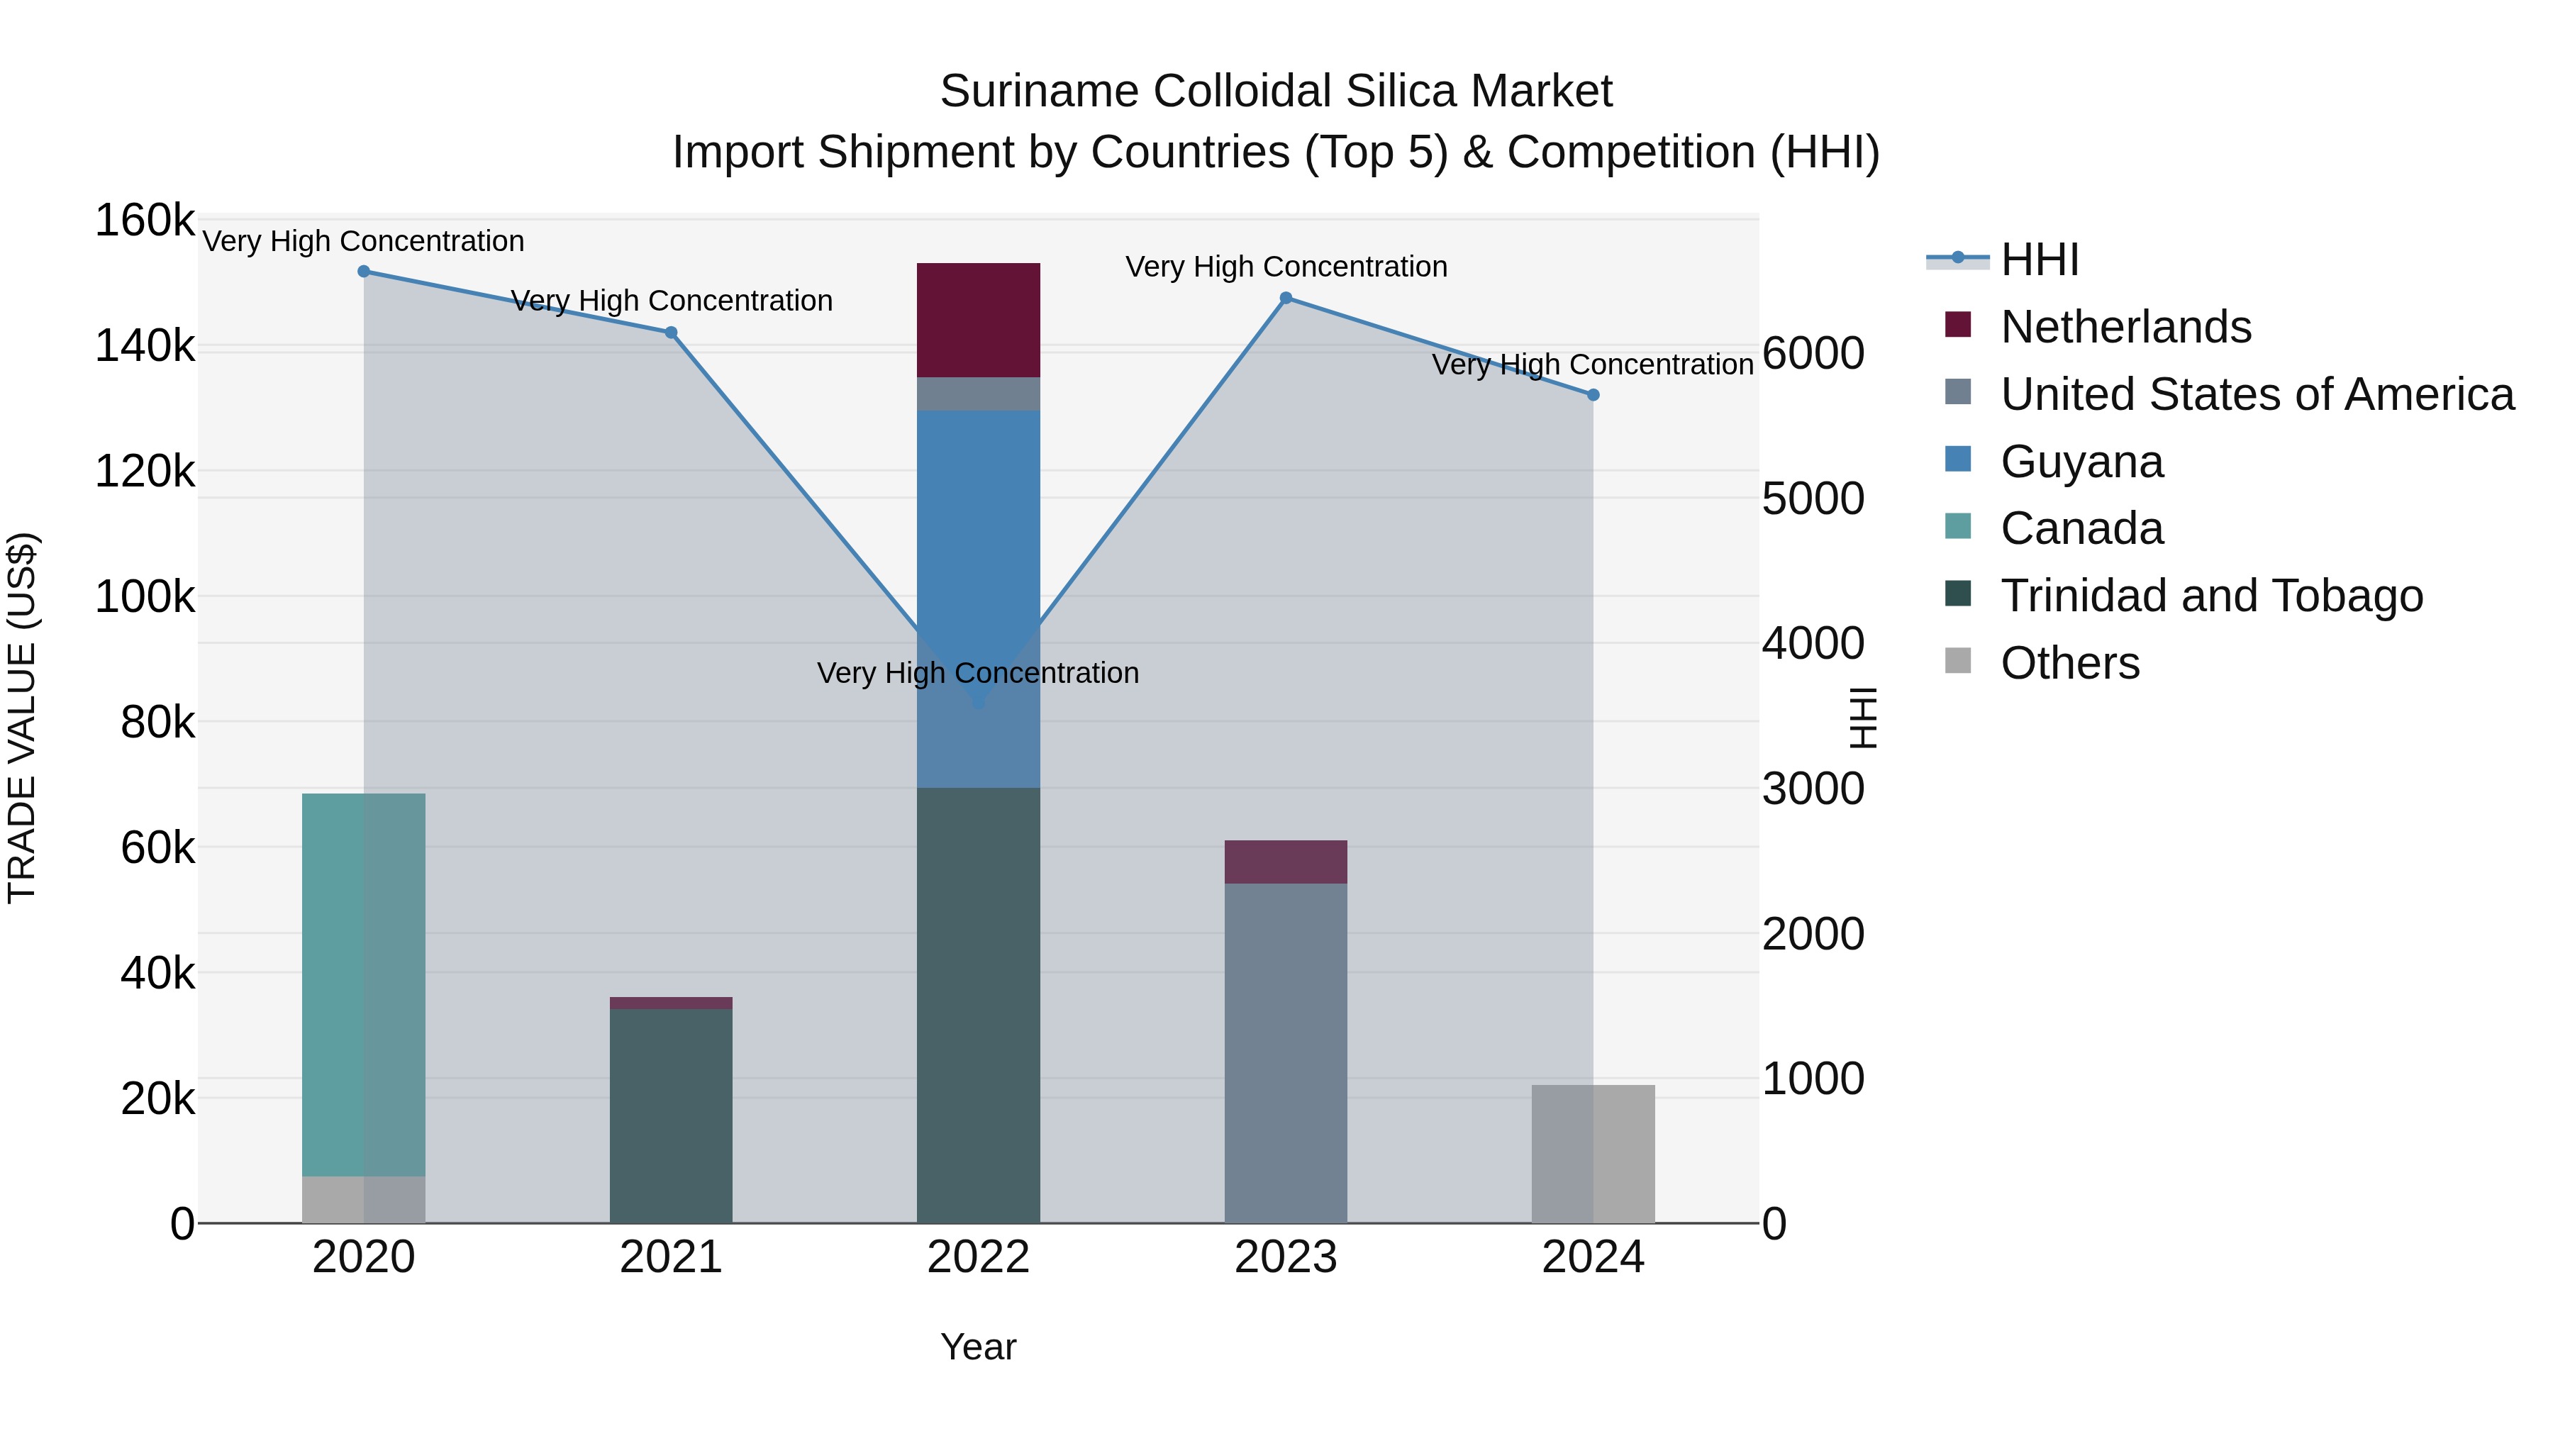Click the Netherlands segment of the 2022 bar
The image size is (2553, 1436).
tap(977, 319)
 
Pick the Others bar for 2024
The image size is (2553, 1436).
tap(1593, 1154)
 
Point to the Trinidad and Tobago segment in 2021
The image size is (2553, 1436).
tap(670, 1115)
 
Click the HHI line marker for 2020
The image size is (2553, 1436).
tap(364, 272)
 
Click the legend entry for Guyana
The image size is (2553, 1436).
tap(2081, 462)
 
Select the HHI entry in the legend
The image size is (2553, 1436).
tap(2039, 260)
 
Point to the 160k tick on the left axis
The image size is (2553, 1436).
tap(145, 220)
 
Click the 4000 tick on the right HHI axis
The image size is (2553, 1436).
tap(1813, 644)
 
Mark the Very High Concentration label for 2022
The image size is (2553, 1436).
tap(977, 673)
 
